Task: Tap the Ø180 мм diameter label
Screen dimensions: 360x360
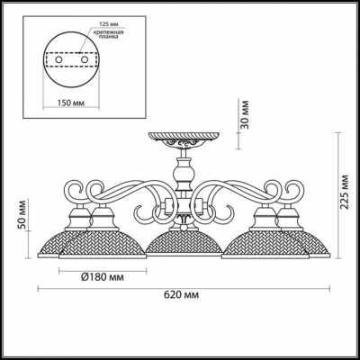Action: [x=102, y=274]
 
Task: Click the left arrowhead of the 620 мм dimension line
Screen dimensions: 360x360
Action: [x=39, y=287]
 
